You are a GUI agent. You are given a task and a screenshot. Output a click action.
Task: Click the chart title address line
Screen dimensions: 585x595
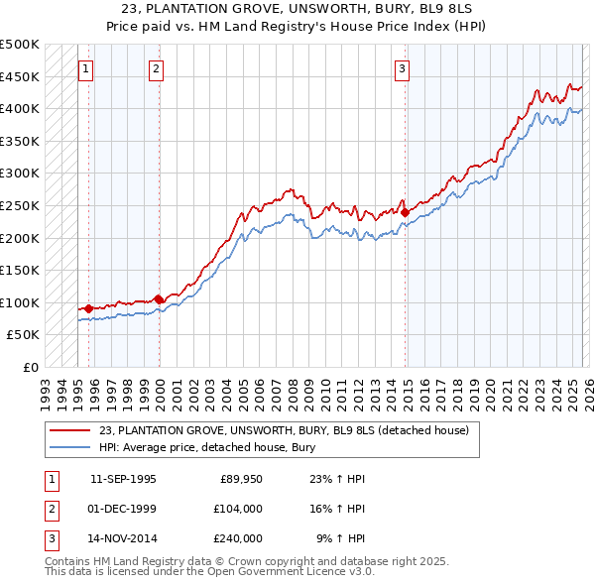(297, 10)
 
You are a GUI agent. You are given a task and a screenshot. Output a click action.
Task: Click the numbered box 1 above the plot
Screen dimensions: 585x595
(86, 68)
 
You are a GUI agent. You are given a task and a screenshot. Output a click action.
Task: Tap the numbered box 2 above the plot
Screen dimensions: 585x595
(157, 68)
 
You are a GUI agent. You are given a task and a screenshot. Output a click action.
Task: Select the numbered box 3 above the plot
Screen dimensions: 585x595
(402, 68)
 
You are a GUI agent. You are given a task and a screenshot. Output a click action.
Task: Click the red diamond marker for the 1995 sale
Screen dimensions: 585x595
(89, 308)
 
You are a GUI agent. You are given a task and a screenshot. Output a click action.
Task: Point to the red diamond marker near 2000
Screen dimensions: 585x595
(159, 298)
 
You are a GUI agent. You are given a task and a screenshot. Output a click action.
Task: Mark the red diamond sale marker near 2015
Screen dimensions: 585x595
(405, 211)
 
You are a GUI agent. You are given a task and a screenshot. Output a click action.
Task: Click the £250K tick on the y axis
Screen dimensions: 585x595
(22, 205)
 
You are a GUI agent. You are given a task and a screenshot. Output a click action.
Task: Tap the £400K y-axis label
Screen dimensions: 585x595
(22, 108)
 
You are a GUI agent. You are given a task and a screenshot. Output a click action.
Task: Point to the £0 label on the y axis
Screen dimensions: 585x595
(30, 367)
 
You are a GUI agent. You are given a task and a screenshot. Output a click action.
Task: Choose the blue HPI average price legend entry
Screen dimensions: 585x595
(206, 447)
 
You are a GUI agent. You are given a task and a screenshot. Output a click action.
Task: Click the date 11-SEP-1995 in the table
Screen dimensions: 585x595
(123, 479)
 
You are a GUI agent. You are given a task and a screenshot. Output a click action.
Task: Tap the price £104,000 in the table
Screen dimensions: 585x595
(238, 509)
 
